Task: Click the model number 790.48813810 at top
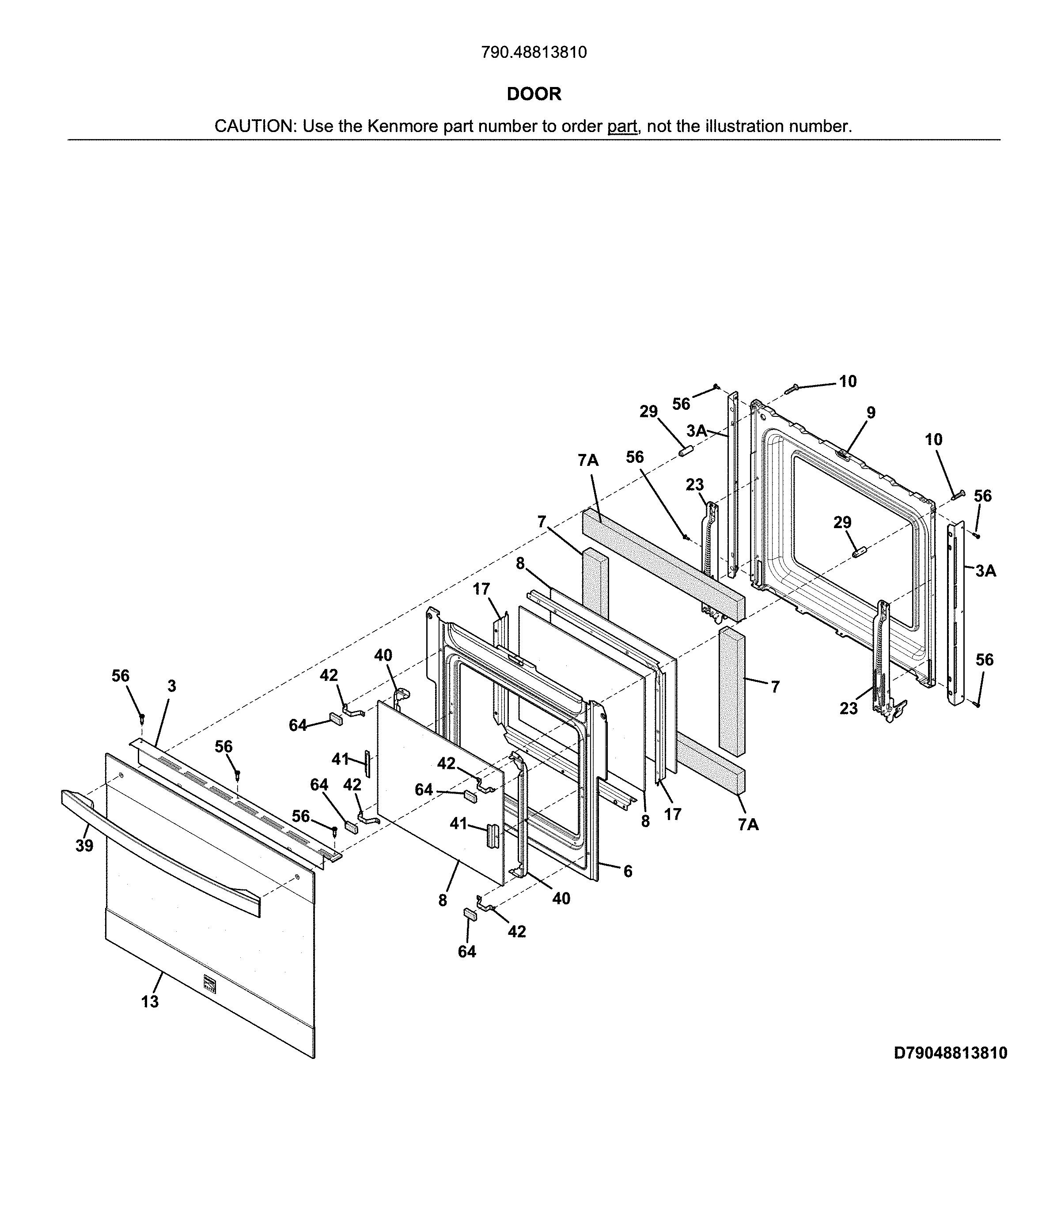tap(534, 53)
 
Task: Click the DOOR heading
tap(534, 94)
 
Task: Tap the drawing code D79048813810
tap(950, 1052)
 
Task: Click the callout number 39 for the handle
tap(84, 846)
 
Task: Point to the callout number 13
tap(150, 1001)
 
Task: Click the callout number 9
tap(871, 413)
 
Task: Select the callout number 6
tap(628, 872)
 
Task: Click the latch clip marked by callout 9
tap(844, 454)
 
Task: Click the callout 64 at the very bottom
tap(466, 952)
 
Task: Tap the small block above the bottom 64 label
tap(470, 914)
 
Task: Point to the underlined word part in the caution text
tap(622, 126)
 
